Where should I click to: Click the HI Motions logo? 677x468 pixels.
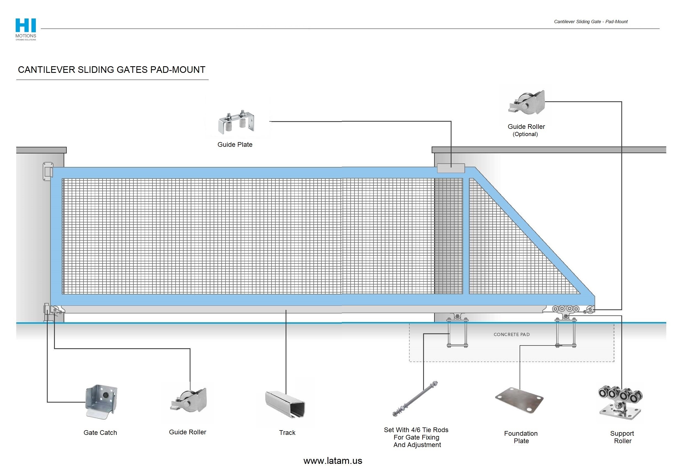pos(26,29)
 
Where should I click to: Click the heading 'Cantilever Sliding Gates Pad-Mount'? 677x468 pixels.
pos(112,70)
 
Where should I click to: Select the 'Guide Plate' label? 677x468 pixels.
pos(235,145)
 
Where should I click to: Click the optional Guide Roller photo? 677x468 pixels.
pos(527,103)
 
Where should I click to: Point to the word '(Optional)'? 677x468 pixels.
pos(525,134)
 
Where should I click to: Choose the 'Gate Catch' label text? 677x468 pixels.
pos(100,432)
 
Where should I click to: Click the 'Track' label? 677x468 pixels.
pos(287,432)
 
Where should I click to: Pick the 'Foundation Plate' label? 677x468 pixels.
pos(521,437)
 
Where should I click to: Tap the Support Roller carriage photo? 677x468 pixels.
pos(620,403)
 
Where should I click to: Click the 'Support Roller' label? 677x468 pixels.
pos(622,437)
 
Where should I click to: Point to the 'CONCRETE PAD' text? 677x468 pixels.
pos(512,334)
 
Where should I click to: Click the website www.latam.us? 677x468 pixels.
pos(333,461)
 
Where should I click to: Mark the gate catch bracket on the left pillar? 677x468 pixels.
pos(48,172)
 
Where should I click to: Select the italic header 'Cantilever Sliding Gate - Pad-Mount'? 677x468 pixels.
pos(590,22)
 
